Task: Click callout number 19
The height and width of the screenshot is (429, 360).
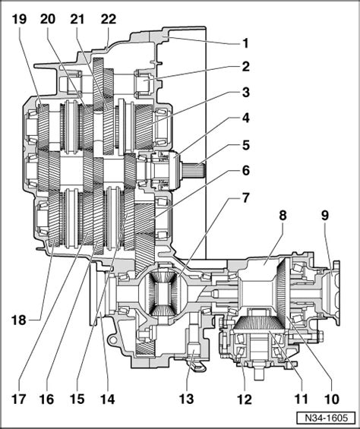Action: [19, 19]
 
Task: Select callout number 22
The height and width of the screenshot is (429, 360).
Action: [109, 19]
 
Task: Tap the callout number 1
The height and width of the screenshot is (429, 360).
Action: [245, 43]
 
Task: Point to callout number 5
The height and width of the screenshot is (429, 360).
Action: [245, 145]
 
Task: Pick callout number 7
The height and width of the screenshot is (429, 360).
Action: [245, 198]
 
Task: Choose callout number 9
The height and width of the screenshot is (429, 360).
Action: [324, 216]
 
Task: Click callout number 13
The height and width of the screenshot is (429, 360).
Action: [186, 399]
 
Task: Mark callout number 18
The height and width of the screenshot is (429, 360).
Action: [19, 320]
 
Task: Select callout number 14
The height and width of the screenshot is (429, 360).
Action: [107, 399]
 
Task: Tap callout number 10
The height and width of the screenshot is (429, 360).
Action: [331, 399]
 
